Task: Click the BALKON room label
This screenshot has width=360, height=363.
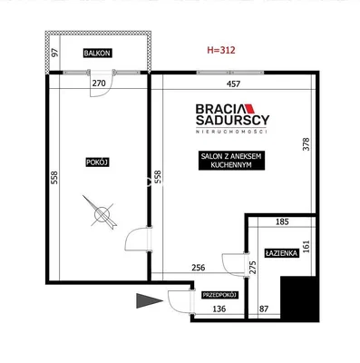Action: click(x=97, y=54)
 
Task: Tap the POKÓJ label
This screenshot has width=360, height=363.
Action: click(x=97, y=162)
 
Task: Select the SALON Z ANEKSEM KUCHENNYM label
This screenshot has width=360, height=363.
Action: click(x=231, y=161)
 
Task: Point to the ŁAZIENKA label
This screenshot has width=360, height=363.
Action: click(x=282, y=253)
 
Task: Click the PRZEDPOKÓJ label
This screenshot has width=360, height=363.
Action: click(x=220, y=295)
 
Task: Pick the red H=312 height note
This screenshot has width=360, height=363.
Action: click(x=221, y=50)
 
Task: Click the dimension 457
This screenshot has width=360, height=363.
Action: click(x=233, y=84)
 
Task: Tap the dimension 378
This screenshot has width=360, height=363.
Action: click(x=306, y=144)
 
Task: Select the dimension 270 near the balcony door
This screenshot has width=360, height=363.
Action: click(x=99, y=83)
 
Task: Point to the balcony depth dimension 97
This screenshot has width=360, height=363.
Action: click(x=54, y=53)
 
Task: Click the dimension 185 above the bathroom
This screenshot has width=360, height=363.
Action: click(x=282, y=221)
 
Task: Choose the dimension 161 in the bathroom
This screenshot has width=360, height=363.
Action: click(x=306, y=247)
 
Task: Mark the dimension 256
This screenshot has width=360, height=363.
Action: click(x=199, y=268)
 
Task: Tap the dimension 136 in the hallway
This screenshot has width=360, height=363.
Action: click(x=219, y=309)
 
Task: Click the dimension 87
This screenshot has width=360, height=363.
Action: click(x=264, y=309)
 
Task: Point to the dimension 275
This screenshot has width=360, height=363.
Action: click(x=253, y=268)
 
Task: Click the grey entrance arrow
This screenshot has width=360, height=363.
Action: click(x=150, y=300)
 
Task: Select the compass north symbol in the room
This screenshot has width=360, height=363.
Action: click(x=102, y=213)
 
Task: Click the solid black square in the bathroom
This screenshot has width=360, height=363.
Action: click(x=300, y=299)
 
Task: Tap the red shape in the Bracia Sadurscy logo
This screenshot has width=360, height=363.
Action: click(x=250, y=109)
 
